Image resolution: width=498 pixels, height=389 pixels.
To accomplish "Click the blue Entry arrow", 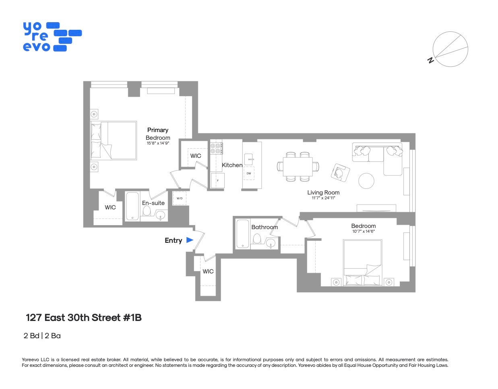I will [190, 240].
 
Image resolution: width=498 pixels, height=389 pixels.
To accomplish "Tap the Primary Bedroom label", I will [158, 134].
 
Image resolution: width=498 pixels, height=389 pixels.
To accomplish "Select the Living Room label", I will [323, 192].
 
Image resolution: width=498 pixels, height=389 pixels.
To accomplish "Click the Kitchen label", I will [232, 165].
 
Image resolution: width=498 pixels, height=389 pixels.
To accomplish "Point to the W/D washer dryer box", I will [180, 199].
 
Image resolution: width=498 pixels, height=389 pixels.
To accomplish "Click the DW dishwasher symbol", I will [249, 174].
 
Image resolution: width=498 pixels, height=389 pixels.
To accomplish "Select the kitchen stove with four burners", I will [216, 148].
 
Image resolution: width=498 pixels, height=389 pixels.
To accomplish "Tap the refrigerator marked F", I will [217, 180].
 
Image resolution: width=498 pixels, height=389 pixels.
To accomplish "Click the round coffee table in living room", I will [366, 181].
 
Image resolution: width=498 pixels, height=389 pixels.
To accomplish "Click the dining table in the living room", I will [298, 166].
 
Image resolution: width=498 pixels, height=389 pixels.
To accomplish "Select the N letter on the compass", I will [430, 60].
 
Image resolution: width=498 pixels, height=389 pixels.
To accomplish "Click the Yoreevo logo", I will [52, 37].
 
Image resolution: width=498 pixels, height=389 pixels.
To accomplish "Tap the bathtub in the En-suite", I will [132, 206].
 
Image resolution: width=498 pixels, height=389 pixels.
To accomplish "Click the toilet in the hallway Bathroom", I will [257, 239].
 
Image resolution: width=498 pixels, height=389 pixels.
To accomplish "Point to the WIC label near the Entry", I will [208, 271].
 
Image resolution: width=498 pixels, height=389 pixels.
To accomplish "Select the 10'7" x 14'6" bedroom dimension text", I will [363, 232].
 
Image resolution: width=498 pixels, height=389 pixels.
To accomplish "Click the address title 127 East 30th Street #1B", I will [84, 318].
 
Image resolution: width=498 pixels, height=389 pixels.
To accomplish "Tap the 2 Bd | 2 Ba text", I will [42, 336].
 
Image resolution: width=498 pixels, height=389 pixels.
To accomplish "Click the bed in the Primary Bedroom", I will [114, 140].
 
